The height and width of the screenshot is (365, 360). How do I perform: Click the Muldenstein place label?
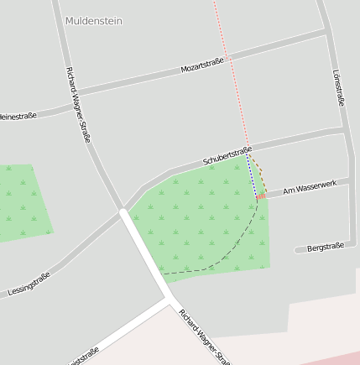tap(92, 21)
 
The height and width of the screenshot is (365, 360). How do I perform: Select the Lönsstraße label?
tap(338, 87)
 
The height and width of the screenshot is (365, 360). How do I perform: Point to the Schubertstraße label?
tap(227, 156)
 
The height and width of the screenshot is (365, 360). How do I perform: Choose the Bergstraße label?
tap(326, 248)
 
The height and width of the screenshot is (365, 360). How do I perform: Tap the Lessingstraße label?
tap(29, 284)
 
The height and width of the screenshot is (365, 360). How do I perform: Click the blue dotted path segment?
tap(252, 177)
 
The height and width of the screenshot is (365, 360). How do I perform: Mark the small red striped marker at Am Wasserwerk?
tap(261, 196)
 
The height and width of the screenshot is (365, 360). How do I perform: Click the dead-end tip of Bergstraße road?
tap(298, 250)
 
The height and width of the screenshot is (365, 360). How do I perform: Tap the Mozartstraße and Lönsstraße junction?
tap(326, 33)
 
